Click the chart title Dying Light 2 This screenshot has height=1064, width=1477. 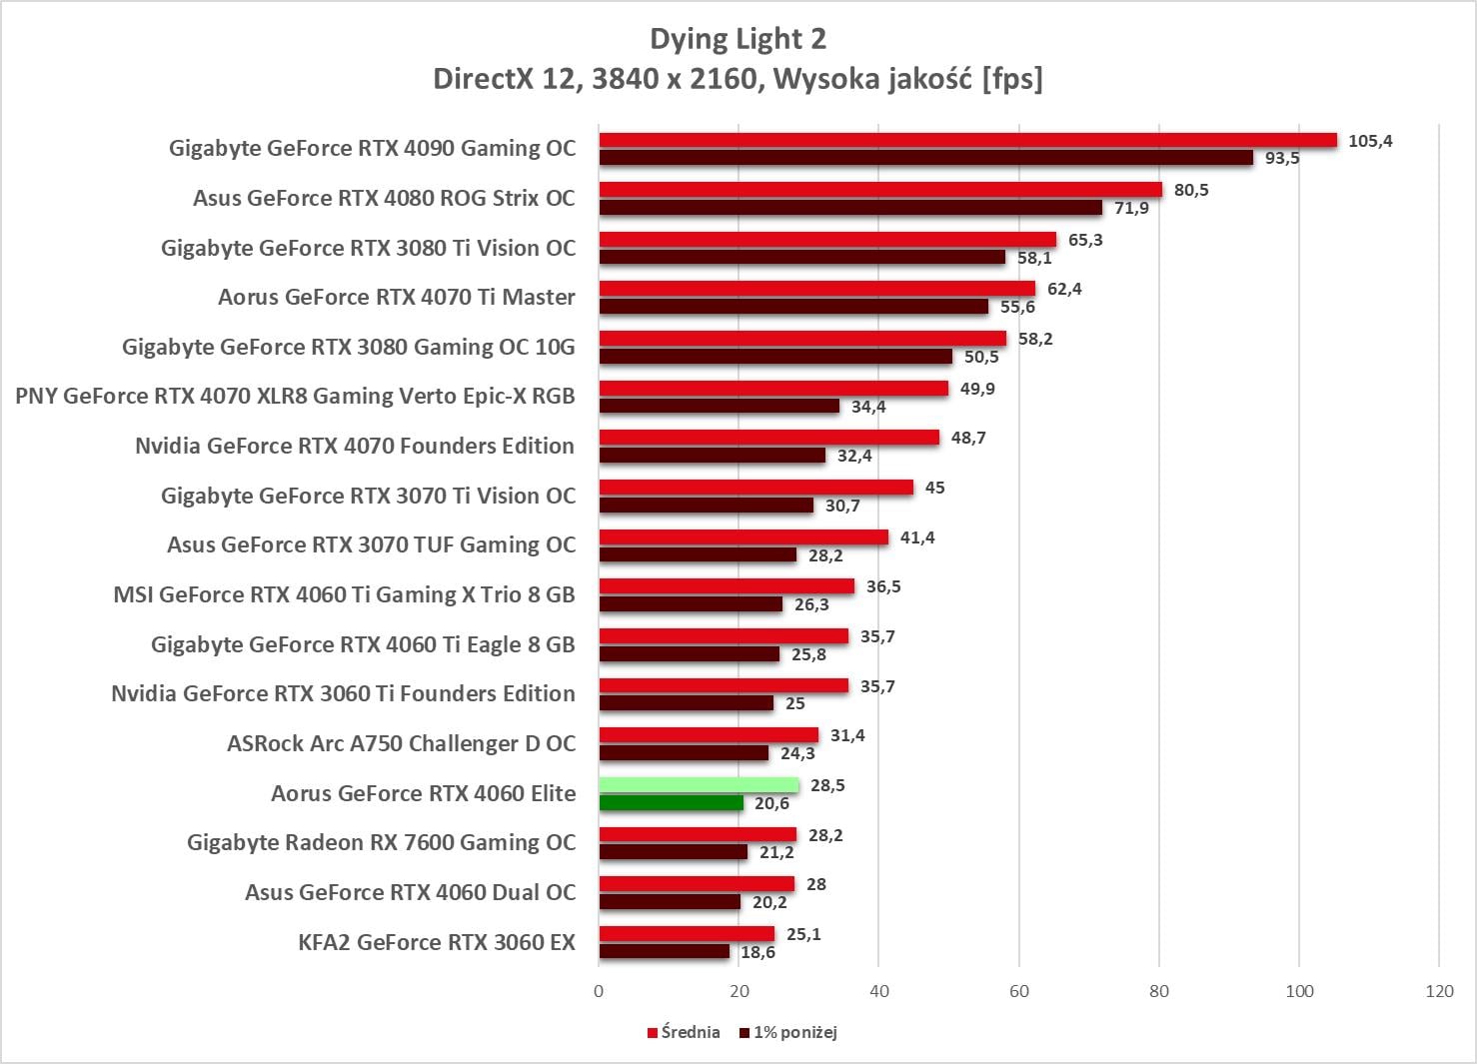click(x=738, y=39)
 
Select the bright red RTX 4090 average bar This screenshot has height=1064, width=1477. click(x=967, y=140)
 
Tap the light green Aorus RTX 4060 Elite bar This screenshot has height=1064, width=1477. click(x=699, y=785)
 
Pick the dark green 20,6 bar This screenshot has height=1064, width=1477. click(x=672, y=803)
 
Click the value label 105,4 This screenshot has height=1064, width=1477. click(x=1370, y=141)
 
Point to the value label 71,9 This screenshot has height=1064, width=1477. click(x=1131, y=208)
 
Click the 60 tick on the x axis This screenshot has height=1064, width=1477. click(x=1018, y=991)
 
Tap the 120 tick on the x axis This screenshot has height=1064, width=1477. click(x=1439, y=991)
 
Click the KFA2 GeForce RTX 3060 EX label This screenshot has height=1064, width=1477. click(x=437, y=942)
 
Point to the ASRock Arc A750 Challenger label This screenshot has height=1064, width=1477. click(x=401, y=743)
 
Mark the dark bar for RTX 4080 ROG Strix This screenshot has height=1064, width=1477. click(x=850, y=208)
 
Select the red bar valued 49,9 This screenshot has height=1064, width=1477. click(x=773, y=388)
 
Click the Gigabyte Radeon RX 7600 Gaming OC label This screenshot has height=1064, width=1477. click(x=381, y=842)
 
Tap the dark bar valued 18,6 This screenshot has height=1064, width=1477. click(x=665, y=952)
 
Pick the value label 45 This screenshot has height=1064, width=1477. click(x=934, y=488)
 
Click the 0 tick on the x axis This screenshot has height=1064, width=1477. click(x=599, y=991)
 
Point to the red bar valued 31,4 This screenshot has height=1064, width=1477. click(x=709, y=735)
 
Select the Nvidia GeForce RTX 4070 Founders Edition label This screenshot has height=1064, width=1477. click(x=355, y=446)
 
